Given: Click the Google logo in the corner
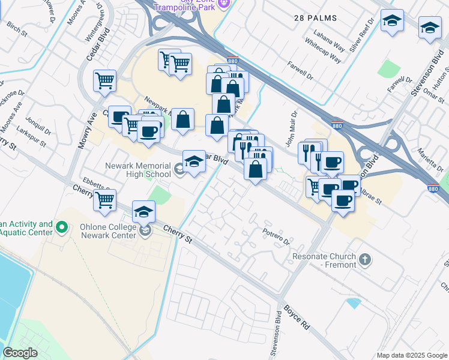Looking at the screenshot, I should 21,353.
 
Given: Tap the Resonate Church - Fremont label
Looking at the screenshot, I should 325,260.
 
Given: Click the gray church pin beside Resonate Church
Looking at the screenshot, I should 365,260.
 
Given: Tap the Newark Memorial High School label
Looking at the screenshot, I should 137,170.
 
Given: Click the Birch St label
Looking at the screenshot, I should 16,29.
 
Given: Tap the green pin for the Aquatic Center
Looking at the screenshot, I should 61,227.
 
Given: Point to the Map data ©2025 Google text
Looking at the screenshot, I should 412,355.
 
